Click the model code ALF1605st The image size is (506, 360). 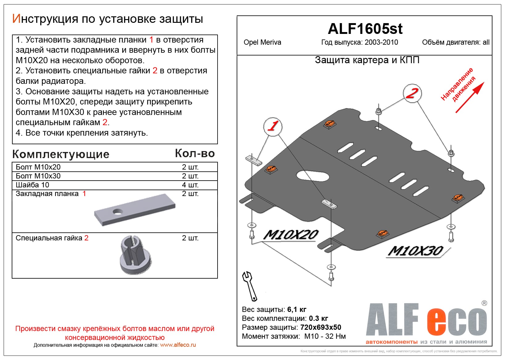365,29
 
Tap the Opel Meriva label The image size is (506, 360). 262,43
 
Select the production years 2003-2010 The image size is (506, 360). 381,43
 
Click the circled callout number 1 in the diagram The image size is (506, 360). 273,126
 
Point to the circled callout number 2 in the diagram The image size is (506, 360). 412,93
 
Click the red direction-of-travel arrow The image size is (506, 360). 470,97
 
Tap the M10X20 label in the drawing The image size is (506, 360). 291,235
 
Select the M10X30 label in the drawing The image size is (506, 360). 415,251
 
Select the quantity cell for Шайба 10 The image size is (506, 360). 190,185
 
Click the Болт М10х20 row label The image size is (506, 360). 38,167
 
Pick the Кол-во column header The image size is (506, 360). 195,153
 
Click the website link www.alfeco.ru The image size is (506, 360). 178,345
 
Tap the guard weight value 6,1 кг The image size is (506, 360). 296,309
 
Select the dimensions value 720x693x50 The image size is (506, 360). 320,327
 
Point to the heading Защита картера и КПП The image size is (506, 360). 367,60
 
